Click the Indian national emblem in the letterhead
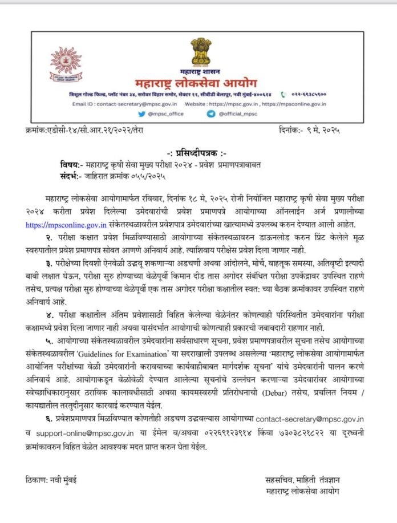(x=201, y=46)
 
